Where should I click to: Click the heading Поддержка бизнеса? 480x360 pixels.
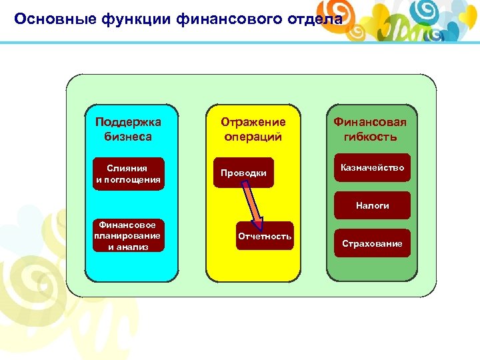click(128, 129)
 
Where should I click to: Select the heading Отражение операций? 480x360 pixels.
click(253, 129)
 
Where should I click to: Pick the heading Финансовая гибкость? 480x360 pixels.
click(370, 129)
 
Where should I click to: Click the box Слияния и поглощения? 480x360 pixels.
click(128, 173)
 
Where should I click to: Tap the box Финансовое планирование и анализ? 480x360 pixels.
click(128, 236)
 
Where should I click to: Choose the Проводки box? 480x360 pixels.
click(243, 173)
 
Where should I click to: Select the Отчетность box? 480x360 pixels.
click(265, 236)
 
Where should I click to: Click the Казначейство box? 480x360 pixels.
click(372, 168)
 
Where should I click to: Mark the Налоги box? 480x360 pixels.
click(372, 205)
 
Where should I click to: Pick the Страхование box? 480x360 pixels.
click(372, 243)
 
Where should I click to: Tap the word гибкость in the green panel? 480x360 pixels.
click(370, 137)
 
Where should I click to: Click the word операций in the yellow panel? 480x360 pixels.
click(253, 137)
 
